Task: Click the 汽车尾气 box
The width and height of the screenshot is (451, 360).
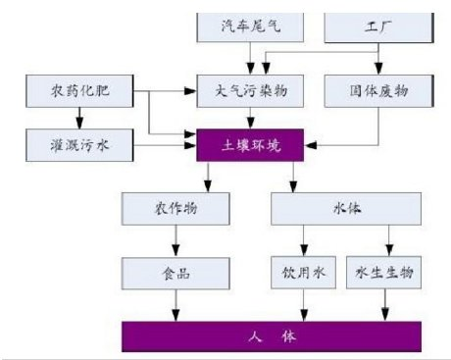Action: (251, 27)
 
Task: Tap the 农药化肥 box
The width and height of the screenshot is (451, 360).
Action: (80, 92)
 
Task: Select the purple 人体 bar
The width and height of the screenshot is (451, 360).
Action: (274, 335)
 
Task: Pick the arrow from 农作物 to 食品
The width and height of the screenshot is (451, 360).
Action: (177, 239)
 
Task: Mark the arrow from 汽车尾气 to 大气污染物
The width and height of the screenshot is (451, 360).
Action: (251, 59)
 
